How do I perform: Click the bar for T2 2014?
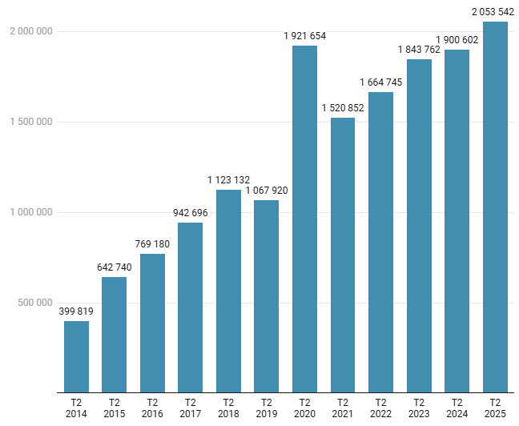click(76, 357)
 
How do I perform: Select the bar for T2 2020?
click(304, 219)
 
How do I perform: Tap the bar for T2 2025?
click(495, 207)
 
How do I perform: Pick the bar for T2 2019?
click(267, 296)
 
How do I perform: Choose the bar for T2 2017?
click(190, 307)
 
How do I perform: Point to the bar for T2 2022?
click(380, 243)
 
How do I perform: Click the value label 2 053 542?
click(493, 12)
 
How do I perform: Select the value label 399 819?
click(76, 311)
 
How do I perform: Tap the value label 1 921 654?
click(304, 36)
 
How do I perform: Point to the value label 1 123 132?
click(228, 180)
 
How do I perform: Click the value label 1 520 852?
click(343, 108)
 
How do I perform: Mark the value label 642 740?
click(115, 267)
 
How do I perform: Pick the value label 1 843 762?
click(419, 50)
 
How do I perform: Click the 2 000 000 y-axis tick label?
click(31, 31)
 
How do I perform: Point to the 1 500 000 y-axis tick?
click(31, 122)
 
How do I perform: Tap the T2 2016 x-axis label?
click(152, 408)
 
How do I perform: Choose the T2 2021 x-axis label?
click(343, 408)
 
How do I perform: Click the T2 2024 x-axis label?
click(457, 408)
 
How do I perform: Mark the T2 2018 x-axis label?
click(228, 408)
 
